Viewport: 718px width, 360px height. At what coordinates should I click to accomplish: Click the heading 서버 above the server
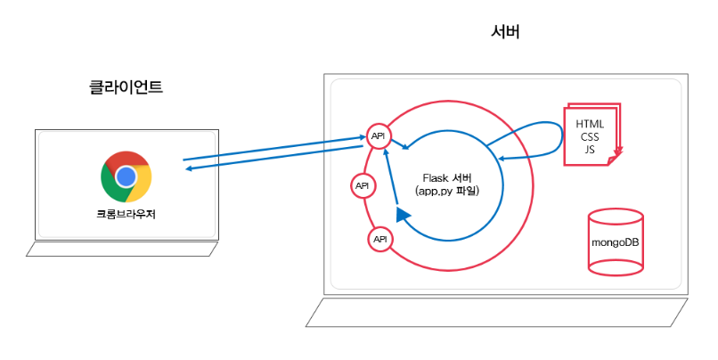505,32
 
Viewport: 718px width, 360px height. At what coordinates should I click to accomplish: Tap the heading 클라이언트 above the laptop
126,87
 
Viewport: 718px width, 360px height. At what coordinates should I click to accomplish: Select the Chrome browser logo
126,176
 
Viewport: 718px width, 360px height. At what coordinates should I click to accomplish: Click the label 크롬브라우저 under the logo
126,214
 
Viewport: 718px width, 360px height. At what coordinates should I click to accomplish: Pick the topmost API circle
379,135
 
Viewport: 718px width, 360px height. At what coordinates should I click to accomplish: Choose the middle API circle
363,186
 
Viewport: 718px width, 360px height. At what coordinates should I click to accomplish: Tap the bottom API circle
380,239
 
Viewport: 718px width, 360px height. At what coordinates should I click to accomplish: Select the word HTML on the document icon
590,123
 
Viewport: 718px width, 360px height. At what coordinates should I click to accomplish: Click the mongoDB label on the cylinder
616,242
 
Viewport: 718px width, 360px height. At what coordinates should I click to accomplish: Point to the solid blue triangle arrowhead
403,215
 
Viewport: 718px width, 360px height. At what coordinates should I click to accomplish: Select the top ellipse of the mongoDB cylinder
616,217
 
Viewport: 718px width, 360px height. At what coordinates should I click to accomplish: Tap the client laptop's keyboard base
122,250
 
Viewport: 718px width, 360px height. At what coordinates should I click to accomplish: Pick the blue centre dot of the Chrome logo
126,176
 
